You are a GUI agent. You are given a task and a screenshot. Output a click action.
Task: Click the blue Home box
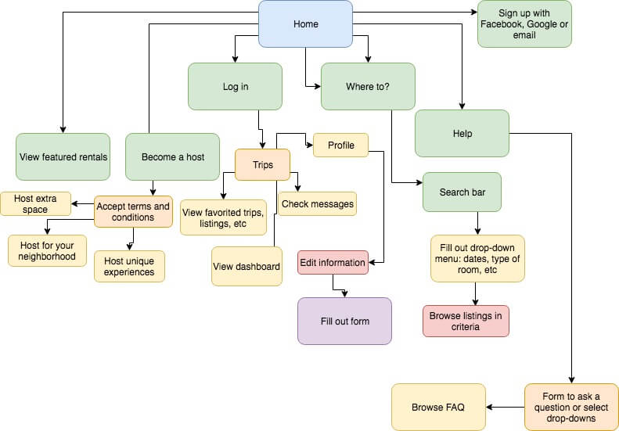pos(305,23)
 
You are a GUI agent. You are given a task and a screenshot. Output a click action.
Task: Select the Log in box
pos(235,87)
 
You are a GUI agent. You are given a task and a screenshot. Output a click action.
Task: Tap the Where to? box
pos(368,87)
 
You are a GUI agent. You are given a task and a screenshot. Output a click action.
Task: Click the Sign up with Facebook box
pos(524,24)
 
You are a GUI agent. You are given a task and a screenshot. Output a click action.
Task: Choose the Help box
pos(462,133)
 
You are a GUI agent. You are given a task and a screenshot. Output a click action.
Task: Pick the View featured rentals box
pos(63,156)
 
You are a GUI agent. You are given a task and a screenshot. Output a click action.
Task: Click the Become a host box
pos(172,156)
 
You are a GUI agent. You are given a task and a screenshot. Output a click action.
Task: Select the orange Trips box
pos(262,165)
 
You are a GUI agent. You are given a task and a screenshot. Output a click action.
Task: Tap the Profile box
pos(340,145)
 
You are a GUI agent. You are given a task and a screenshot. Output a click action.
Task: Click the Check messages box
pos(317,204)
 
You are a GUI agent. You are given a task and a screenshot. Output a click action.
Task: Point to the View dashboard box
pos(247,267)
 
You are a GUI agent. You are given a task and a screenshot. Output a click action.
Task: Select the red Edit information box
pos(332,262)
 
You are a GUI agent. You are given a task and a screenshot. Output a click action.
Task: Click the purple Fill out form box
pos(344,321)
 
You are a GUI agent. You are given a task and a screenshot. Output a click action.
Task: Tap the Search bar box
pos(462,192)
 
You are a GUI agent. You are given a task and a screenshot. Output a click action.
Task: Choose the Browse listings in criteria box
pos(466,321)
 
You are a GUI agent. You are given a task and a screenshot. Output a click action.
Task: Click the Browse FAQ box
pos(438,407)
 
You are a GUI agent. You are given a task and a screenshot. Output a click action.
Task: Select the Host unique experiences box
pos(129,267)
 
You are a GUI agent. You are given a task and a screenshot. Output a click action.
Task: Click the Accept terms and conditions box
pos(133,211)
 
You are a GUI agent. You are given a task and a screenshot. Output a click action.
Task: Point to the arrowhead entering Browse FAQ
pos(490,407)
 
